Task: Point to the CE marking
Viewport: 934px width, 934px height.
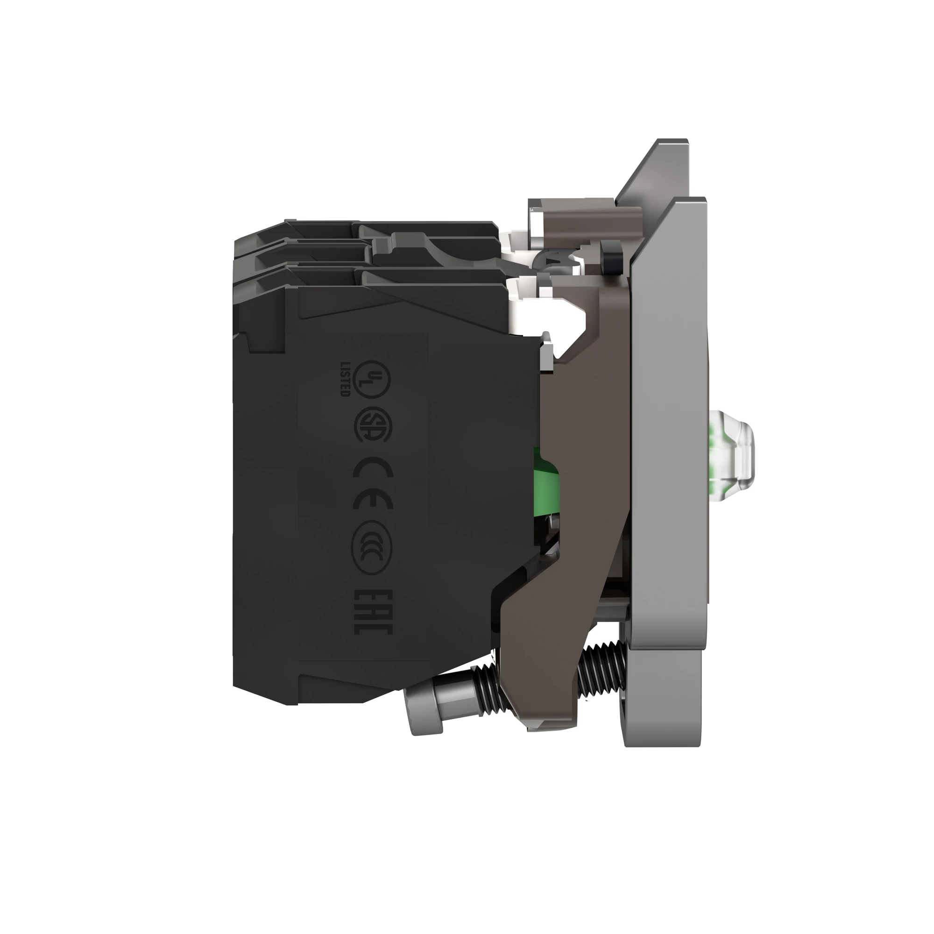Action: [x=372, y=483]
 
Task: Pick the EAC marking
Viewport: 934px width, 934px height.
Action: [x=373, y=612]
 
